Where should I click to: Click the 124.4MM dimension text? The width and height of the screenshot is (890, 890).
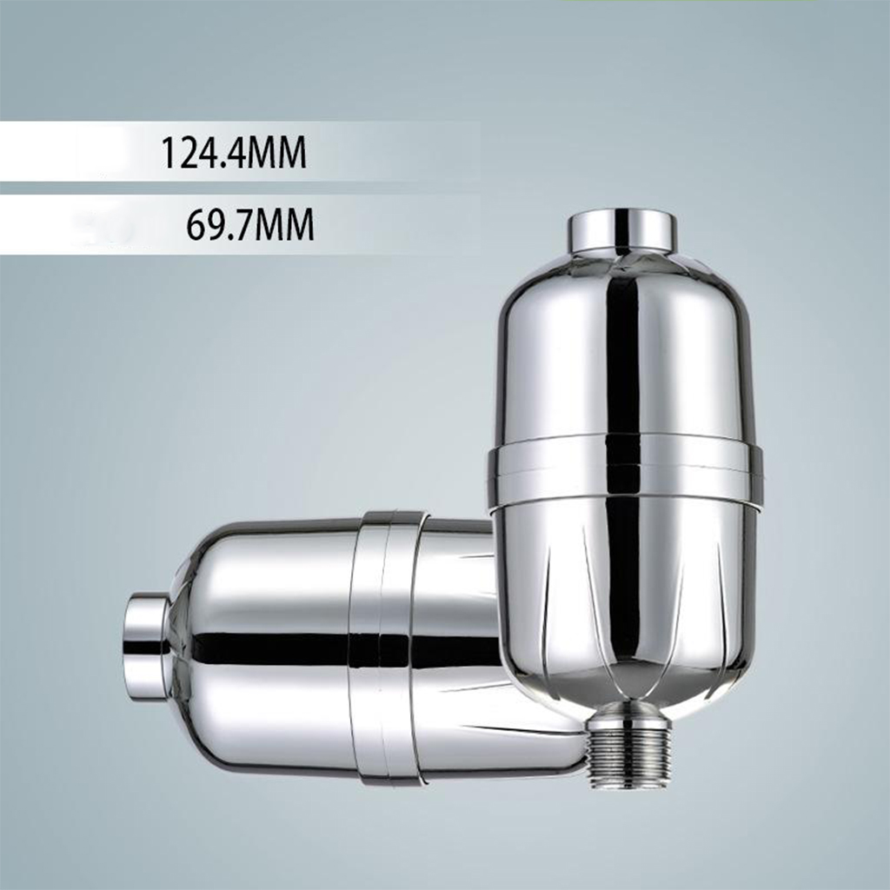click(234, 153)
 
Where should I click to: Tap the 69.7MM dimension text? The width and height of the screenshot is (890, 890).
click(249, 225)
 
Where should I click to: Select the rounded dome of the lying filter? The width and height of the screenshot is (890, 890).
click(261, 647)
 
